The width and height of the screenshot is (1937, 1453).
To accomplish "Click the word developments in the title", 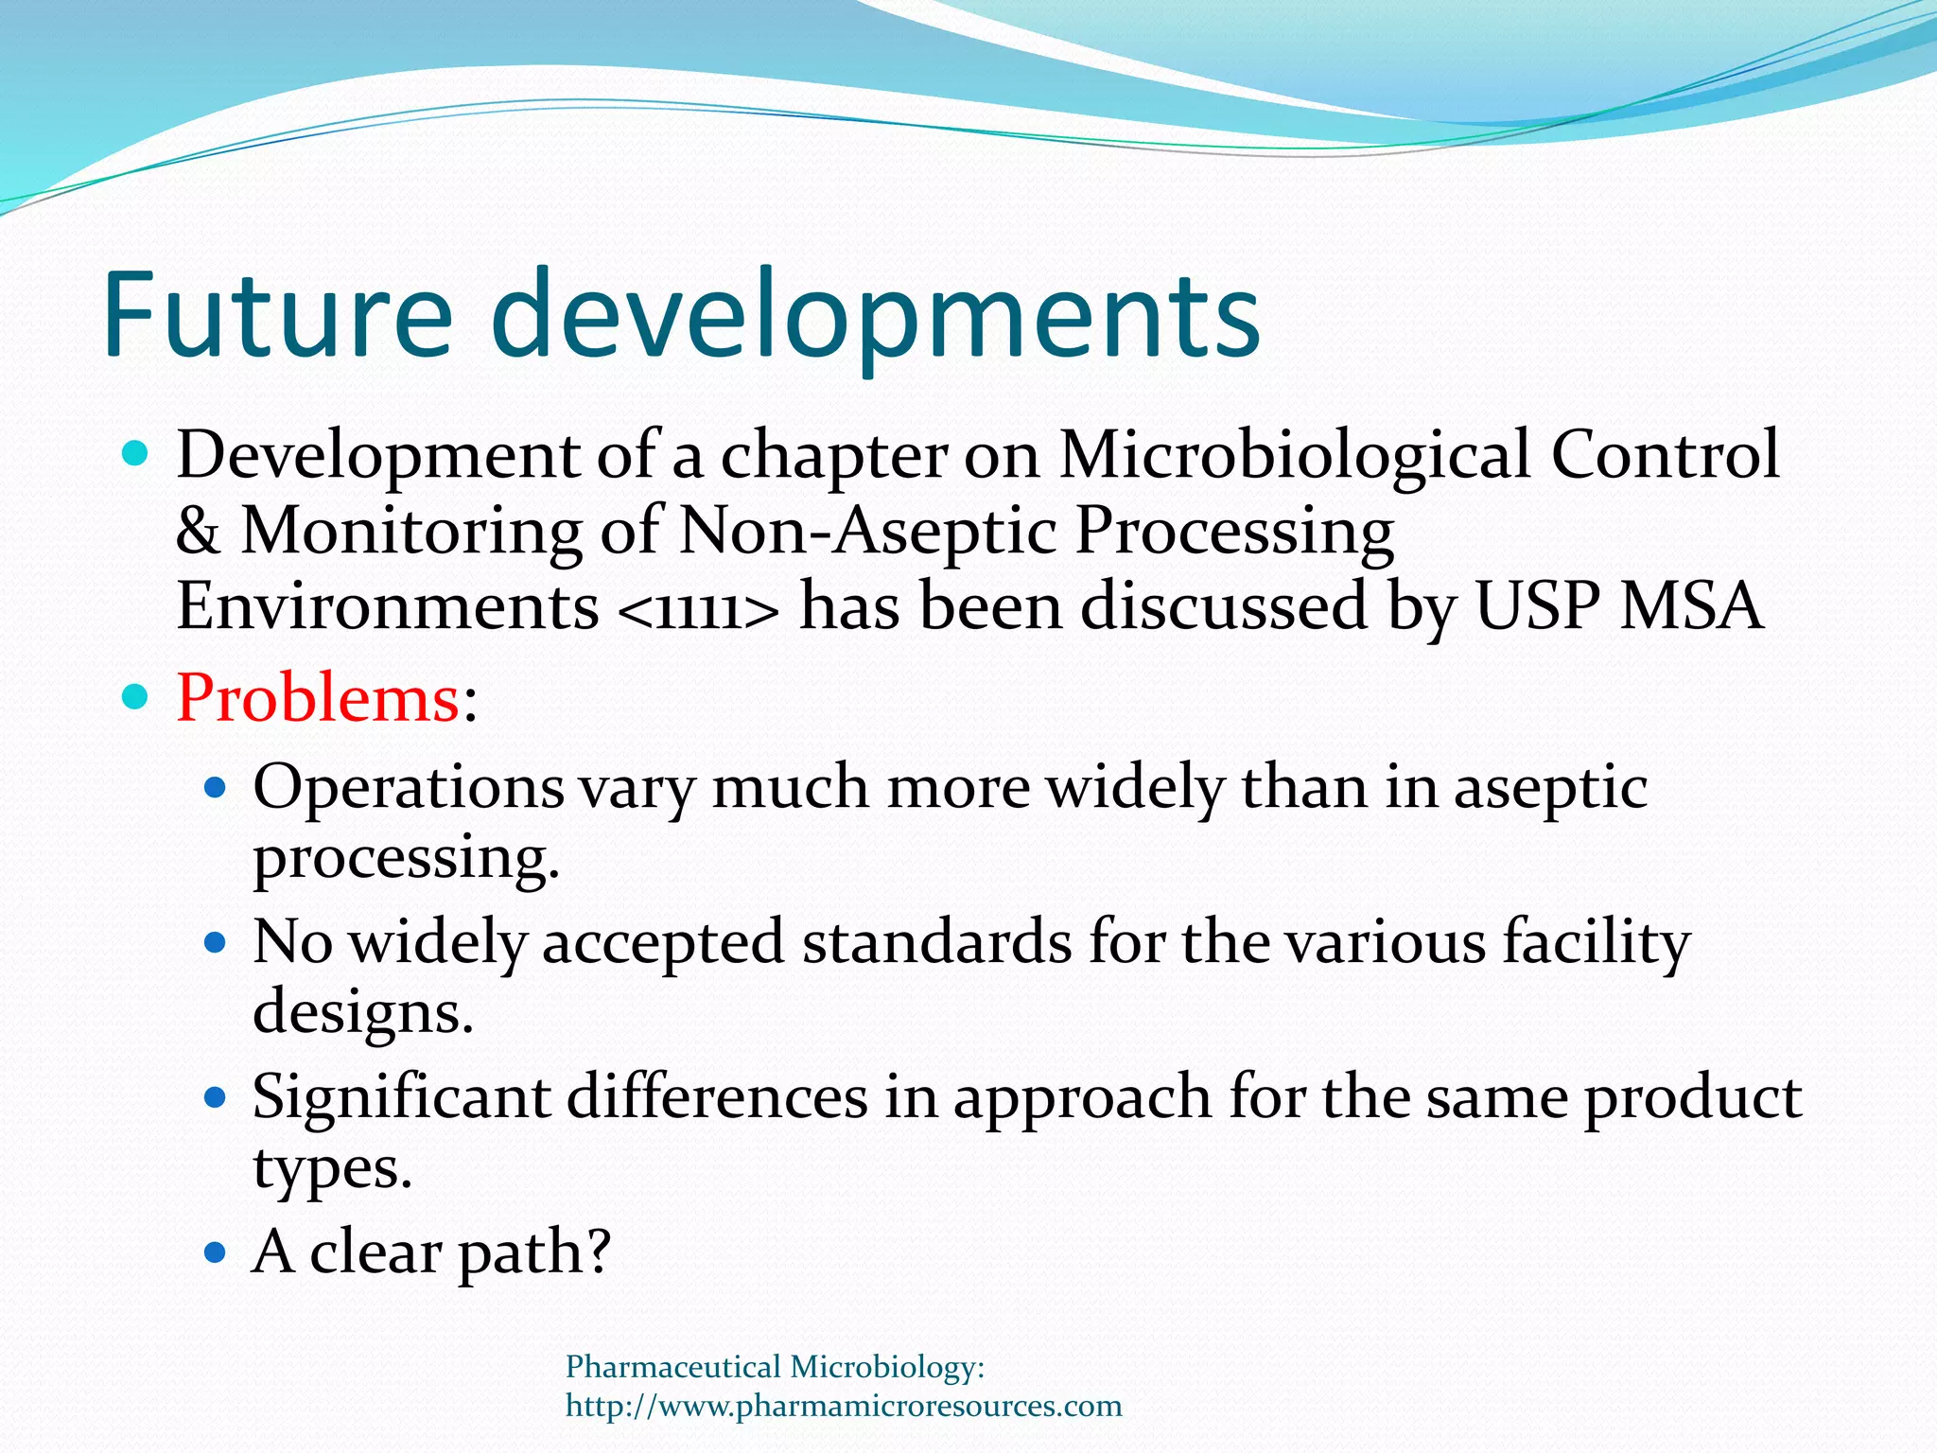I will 876,318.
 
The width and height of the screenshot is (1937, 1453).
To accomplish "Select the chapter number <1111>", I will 699,607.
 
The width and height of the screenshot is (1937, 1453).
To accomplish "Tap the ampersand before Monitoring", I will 198,531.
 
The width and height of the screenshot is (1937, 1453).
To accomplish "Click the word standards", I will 936,942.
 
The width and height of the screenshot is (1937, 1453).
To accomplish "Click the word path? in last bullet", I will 534,1253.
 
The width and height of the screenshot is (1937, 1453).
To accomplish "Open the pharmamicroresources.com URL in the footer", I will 844,1406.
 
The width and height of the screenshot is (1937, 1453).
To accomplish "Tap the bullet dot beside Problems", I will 136,698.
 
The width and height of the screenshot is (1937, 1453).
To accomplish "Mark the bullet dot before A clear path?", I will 216,1253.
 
